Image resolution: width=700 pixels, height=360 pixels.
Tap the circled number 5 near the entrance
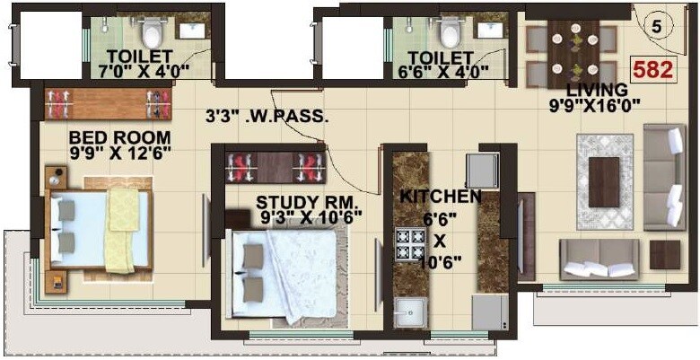click(656, 26)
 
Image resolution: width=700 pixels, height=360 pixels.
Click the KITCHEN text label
click(441, 196)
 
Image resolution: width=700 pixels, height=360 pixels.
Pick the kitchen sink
click(412, 315)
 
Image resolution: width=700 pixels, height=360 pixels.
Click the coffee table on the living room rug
click(603, 180)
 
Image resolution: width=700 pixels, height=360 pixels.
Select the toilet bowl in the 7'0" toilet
click(152, 34)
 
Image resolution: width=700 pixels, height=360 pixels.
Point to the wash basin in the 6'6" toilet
click(491, 31)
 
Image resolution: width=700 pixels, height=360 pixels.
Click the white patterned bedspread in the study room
click(301, 272)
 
